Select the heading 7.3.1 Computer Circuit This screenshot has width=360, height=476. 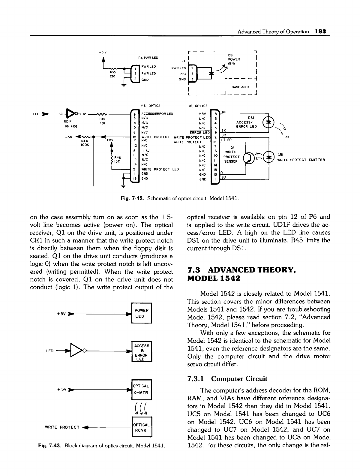(x=227, y=378)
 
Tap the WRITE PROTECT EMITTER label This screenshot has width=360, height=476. (x=301, y=160)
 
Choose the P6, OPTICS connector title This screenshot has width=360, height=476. (x=151, y=106)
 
